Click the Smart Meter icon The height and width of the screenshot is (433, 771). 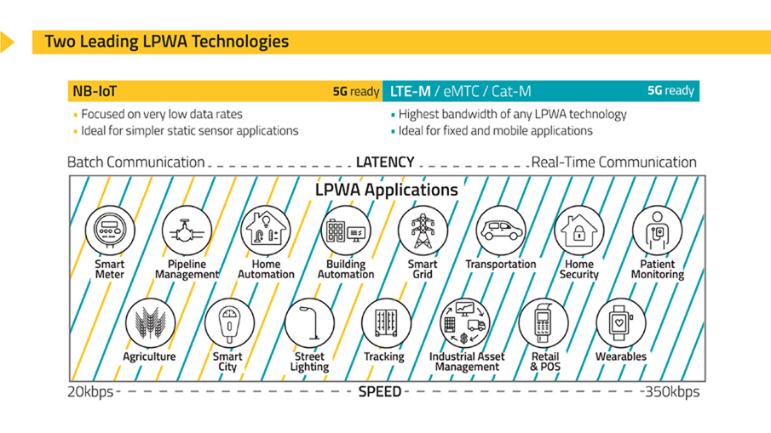pyautogui.click(x=109, y=230)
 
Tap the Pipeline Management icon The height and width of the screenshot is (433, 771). pyautogui.click(x=187, y=230)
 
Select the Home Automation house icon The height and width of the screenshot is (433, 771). pyautogui.click(x=266, y=230)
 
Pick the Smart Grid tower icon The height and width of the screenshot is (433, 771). pyautogui.click(x=423, y=230)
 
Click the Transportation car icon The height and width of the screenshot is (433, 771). pyautogui.click(x=500, y=230)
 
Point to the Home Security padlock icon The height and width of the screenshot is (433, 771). pyautogui.click(x=578, y=230)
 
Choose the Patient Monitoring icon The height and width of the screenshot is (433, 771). pyautogui.click(x=657, y=230)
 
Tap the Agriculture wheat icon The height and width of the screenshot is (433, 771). pyautogui.click(x=149, y=323)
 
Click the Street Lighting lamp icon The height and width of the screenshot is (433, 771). pyautogui.click(x=309, y=323)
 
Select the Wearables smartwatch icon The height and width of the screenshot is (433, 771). pyautogui.click(x=620, y=323)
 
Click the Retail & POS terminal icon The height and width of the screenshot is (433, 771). pyautogui.click(x=544, y=323)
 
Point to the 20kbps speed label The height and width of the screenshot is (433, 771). pyautogui.click(x=89, y=392)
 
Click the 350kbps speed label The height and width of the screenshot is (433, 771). pyautogui.click(x=670, y=392)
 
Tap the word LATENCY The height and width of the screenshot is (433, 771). pyautogui.click(x=384, y=162)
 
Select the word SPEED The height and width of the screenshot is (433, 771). pyautogui.click(x=379, y=392)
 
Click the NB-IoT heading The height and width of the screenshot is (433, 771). pyautogui.click(x=95, y=91)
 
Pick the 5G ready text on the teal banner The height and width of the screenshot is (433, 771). pyautogui.click(x=670, y=90)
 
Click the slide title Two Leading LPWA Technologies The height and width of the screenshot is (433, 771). pyautogui.click(x=166, y=41)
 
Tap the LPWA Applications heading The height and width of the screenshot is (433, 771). pyautogui.click(x=386, y=190)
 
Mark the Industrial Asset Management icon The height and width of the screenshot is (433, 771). pyautogui.click(x=465, y=323)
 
